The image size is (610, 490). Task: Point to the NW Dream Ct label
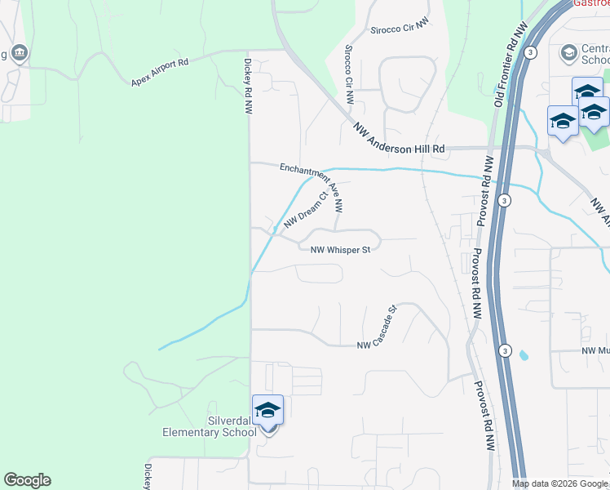[x=305, y=209]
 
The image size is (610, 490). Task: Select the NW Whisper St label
[x=340, y=249]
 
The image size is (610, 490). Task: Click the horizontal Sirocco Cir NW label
[x=400, y=28]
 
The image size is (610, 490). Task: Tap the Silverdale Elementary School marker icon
[x=267, y=412]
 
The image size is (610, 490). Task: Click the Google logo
[x=27, y=480]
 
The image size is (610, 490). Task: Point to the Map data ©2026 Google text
[x=559, y=483]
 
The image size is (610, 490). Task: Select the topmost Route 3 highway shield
[x=530, y=52]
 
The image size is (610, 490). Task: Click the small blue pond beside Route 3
[x=523, y=355]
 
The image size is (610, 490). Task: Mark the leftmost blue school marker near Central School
[x=562, y=122]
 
